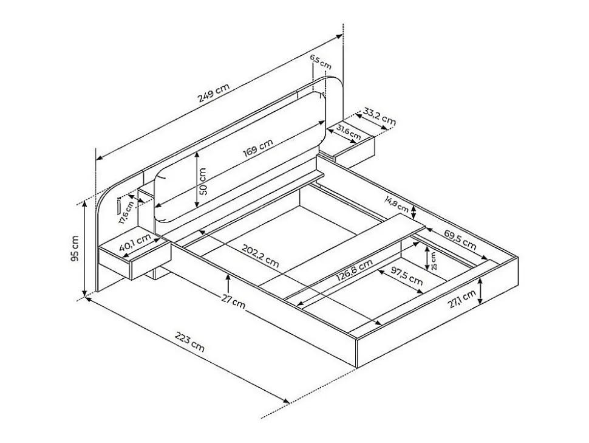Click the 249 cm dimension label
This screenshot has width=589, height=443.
214,92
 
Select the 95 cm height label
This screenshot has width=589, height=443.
75,248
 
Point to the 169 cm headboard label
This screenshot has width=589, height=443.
257,148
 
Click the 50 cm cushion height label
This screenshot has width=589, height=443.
202,181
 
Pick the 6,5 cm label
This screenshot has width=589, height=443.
321,61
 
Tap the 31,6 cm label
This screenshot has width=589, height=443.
348,131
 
